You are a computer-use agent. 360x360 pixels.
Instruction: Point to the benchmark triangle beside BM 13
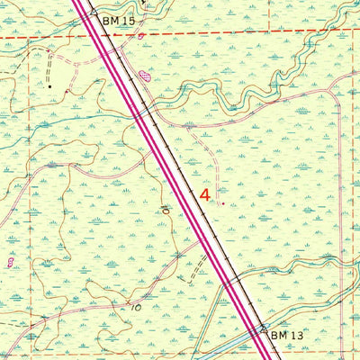(265, 328)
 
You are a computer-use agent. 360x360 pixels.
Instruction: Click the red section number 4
(206, 193)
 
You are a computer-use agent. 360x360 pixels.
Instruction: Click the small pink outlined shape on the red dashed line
(140, 36)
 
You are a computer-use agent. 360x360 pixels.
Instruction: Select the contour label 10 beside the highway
(165, 210)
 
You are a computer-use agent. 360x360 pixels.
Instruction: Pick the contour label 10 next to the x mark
(134, 307)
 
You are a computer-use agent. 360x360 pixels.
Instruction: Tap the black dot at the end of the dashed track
(49, 86)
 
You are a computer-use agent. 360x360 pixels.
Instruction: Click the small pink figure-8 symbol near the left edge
(10, 262)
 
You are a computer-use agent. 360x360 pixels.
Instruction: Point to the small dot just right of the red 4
(222, 202)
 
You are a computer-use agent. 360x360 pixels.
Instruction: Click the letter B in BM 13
(274, 334)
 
